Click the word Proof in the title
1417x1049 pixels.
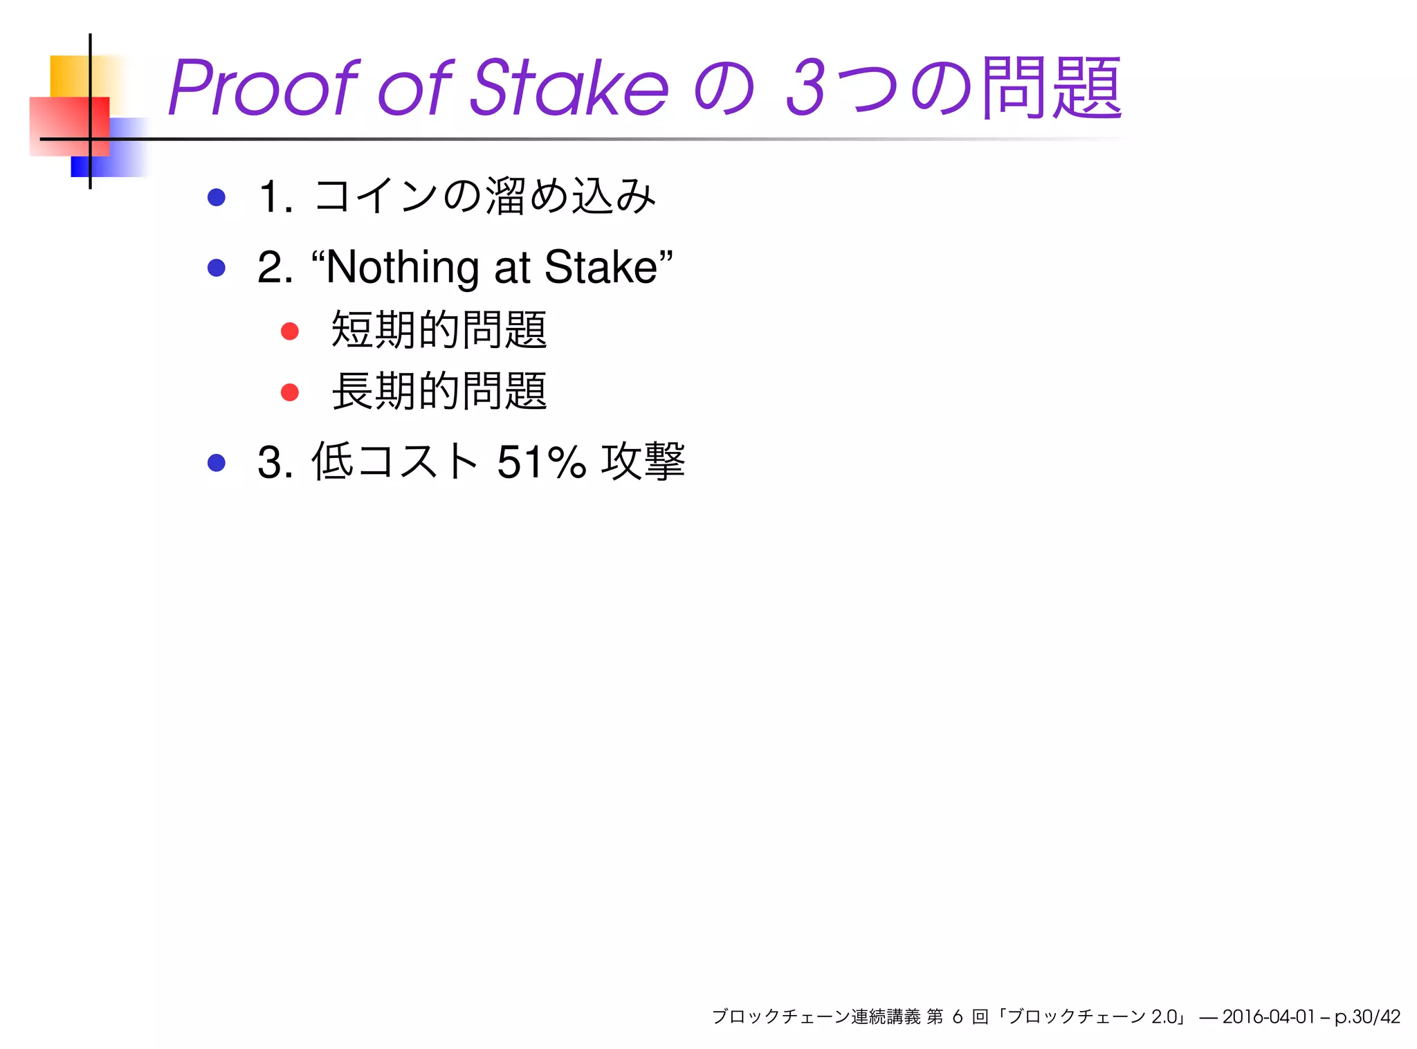pyautogui.click(x=263, y=88)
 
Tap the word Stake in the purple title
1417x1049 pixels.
pyautogui.click(x=569, y=88)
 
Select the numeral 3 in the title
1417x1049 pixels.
pyautogui.click(x=806, y=88)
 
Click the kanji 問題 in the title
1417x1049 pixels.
pyautogui.click(x=1051, y=88)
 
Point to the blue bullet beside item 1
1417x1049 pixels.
pyautogui.click(x=217, y=197)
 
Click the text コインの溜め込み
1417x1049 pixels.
pyautogui.click(x=484, y=197)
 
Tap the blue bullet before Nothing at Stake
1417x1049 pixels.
pyautogui.click(x=217, y=267)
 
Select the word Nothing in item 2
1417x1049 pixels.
pyautogui.click(x=402, y=267)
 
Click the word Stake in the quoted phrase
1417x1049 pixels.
pyautogui.click(x=601, y=267)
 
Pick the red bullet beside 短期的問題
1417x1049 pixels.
pyautogui.click(x=290, y=331)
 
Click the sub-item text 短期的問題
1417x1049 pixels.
pyautogui.click(x=439, y=330)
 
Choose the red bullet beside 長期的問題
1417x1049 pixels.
pyautogui.click(x=290, y=392)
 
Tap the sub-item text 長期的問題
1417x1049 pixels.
pyautogui.click(x=439, y=392)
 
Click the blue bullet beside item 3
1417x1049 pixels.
pyautogui.click(x=217, y=462)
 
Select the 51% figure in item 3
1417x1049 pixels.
pyautogui.click(x=541, y=462)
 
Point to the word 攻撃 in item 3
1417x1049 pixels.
pyautogui.click(x=643, y=462)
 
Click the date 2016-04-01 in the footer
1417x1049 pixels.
pyautogui.click(x=1268, y=1016)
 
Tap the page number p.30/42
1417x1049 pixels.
pyautogui.click(x=1367, y=1016)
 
